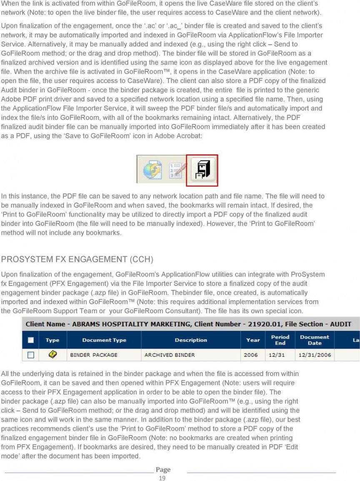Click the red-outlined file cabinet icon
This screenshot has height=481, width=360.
(x=202, y=170)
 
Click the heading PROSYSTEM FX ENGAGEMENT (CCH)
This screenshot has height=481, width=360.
(x=77, y=259)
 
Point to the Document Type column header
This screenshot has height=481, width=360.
(x=104, y=340)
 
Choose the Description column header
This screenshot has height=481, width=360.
(x=191, y=340)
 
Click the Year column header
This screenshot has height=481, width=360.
(x=253, y=340)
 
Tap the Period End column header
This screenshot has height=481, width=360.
(x=280, y=340)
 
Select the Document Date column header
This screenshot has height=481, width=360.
(x=315, y=340)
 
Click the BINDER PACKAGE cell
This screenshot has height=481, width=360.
(x=94, y=355)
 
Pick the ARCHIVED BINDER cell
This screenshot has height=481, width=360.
(x=170, y=355)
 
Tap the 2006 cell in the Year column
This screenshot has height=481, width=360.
(x=251, y=355)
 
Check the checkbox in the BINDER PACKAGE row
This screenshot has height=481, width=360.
(x=30, y=355)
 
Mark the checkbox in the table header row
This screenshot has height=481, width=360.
(x=30, y=340)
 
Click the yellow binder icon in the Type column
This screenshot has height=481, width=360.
(x=52, y=355)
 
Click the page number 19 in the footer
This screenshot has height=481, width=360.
(x=162, y=478)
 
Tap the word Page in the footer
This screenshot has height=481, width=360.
(x=163, y=469)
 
